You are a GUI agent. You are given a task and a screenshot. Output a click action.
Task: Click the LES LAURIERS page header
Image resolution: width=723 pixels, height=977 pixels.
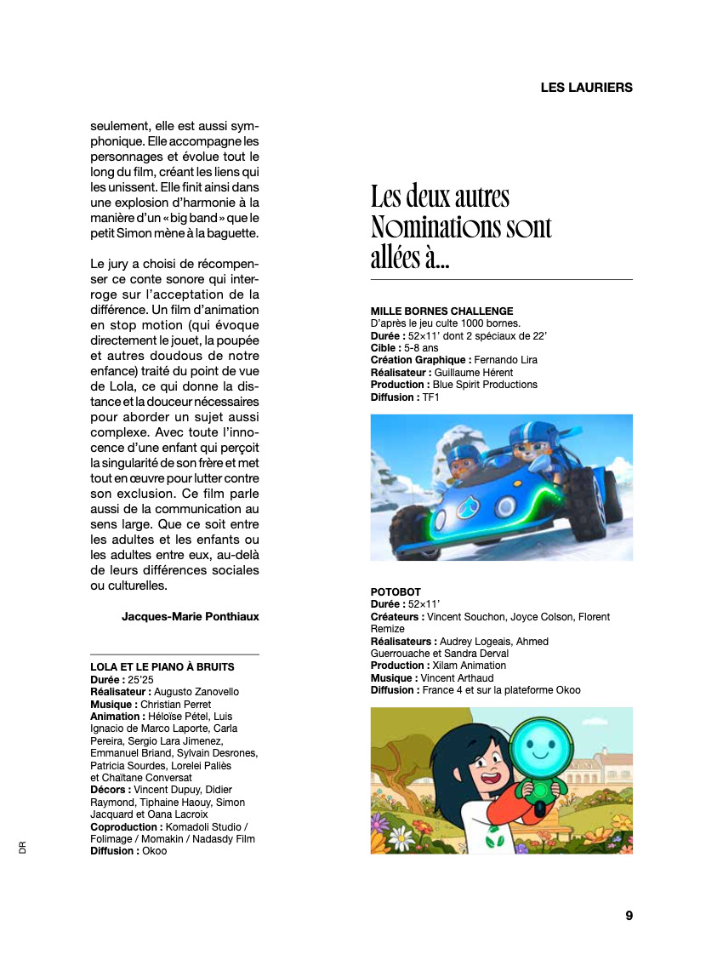pyautogui.click(x=586, y=88)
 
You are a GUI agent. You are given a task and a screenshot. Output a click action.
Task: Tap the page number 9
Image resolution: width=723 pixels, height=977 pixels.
pyautogui.click(x=629, y=916)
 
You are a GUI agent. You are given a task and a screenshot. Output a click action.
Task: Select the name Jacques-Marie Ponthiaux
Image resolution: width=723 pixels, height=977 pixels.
pyautogui.click(x=191, y=616)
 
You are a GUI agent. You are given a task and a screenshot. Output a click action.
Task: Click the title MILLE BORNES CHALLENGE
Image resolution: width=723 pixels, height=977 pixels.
pyautogui.click(x=441, y=311)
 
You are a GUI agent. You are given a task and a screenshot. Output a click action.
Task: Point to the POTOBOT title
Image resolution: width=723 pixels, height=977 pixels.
pyautogui.click(x=396, y=592)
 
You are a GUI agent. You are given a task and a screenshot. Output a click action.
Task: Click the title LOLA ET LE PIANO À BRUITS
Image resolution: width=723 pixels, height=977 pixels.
pyautogui.click(x=162, y=667)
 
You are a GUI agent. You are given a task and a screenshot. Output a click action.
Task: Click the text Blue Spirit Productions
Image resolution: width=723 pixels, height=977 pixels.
pyautogui.click(x=485, y=385)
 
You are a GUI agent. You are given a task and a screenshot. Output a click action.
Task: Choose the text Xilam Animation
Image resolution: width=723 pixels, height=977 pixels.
pyautogui.click(x=470, y=666)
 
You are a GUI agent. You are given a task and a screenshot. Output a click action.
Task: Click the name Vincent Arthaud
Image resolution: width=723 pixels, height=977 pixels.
pyautogui.click(x=458, y=677)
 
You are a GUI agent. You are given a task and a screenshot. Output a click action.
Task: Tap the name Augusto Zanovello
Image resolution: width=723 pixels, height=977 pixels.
pyautogui.click(x=196, y=693)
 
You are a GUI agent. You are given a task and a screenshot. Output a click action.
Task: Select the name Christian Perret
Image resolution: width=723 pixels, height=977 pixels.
pyautogui.click(x=175, y=705)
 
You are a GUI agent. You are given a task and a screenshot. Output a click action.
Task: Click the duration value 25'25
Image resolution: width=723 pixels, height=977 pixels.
pyautogui.click(x=139, y=680)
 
